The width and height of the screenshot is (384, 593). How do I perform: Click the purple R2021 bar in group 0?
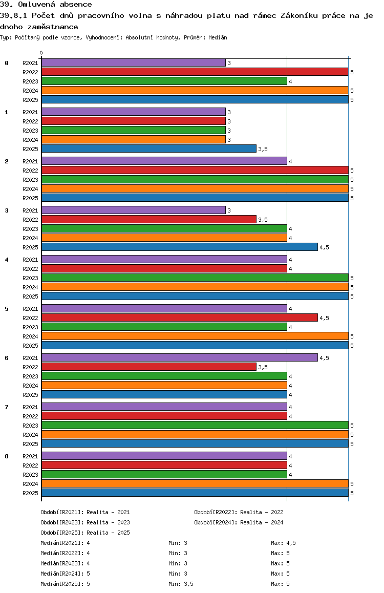pos(133,62)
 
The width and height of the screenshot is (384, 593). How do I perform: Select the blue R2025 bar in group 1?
pos(148,149)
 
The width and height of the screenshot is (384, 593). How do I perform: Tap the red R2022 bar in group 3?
pos(148,219)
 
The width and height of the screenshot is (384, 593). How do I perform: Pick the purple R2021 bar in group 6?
pos(179,357)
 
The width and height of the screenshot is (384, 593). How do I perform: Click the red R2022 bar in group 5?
pos(179,317)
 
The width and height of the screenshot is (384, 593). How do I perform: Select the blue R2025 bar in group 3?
pos(179,247)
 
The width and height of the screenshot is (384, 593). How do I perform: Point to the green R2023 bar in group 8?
pos(164,474)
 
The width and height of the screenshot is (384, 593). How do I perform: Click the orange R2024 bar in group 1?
pos(133,139)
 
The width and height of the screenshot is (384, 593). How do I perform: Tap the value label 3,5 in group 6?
pos(263,367)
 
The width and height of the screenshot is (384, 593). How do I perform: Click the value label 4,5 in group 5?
pos(324,318)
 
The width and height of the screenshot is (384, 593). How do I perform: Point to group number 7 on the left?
pos(7,407)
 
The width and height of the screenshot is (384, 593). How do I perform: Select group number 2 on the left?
pos(7,161)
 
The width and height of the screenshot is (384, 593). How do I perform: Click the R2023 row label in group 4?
pos(30,278)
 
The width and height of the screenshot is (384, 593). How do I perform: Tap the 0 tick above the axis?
pos(41,53)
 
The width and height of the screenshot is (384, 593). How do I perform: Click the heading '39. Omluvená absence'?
pos(46,5)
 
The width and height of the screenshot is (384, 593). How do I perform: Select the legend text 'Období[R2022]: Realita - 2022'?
pos(239,512)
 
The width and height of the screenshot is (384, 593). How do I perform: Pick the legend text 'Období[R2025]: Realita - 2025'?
pos(85,533)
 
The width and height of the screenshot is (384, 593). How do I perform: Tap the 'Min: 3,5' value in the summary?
pos(181,584)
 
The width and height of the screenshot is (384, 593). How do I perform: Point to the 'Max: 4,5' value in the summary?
pos(283,543)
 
